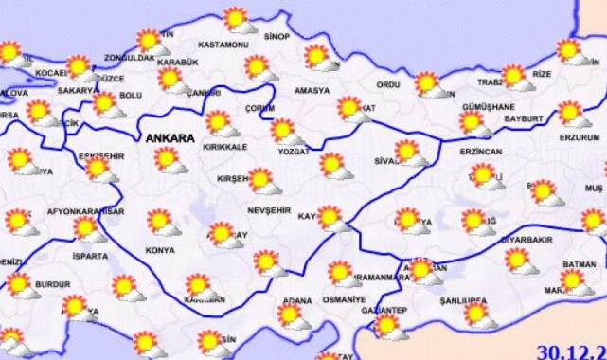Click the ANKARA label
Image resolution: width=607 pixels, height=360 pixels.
(x=170, y=138)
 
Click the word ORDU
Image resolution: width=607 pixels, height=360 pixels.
(x=389, y=84)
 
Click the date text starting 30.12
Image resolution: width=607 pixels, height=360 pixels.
(x=572, y=351)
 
